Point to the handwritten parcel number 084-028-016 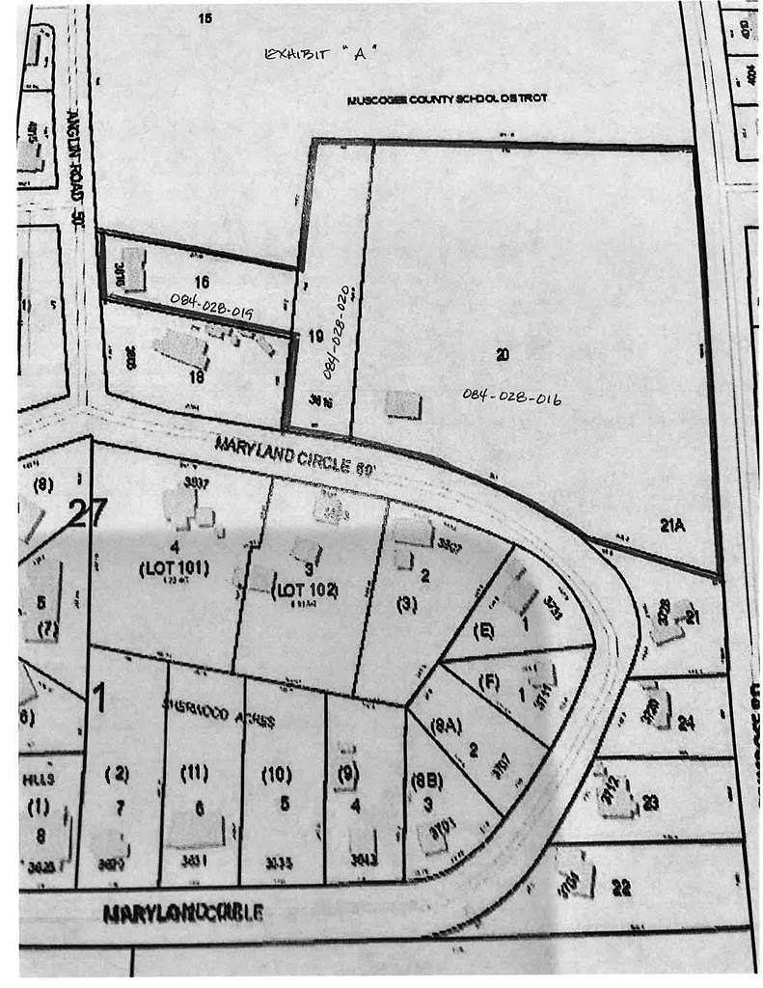click(511, 396)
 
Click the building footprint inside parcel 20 click(403, 404)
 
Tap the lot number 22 click(621, 889)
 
